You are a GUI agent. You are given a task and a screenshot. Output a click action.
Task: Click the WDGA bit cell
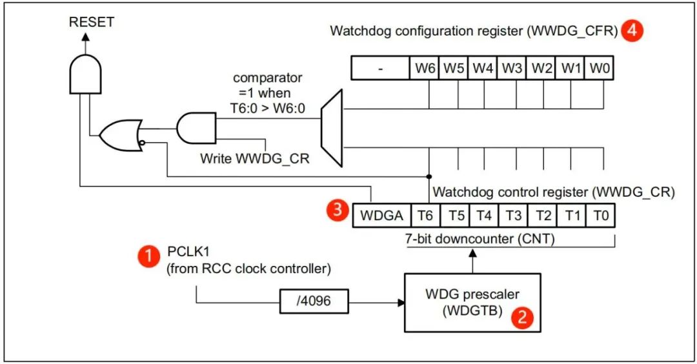(x=381, y=216)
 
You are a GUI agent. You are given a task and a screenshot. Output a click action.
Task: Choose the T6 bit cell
(x=424, y=216)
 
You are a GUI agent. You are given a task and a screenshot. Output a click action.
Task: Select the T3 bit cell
(x=513, y=216)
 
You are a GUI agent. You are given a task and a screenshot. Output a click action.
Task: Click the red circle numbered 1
(x=148, y=256)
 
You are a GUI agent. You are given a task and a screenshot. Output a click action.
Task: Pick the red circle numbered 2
(x=523, y=318)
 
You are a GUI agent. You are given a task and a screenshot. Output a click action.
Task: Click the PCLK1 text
(x=187, y=250)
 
